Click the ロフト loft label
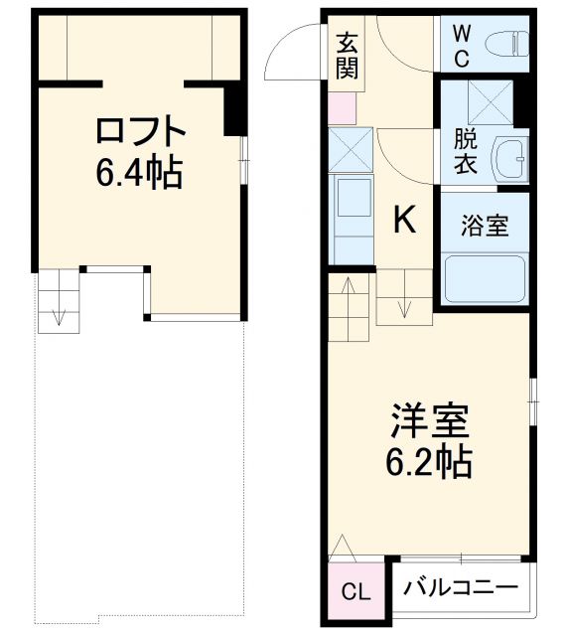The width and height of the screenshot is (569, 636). pos(141,132)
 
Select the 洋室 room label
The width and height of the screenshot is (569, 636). pos(429,421)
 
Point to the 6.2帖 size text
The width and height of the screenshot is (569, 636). pos(429,462)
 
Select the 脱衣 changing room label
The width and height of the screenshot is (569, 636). pos(465,151)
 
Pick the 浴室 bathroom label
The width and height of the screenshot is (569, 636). pos(485,226)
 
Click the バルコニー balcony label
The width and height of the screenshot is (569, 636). pos(461,587)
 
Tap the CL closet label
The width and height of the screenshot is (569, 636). pos(355,593)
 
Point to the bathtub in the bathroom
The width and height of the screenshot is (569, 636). pos(486,279)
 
